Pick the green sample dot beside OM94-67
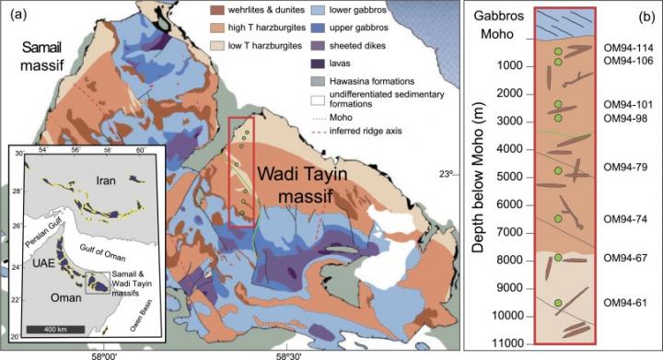pos(558,258)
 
